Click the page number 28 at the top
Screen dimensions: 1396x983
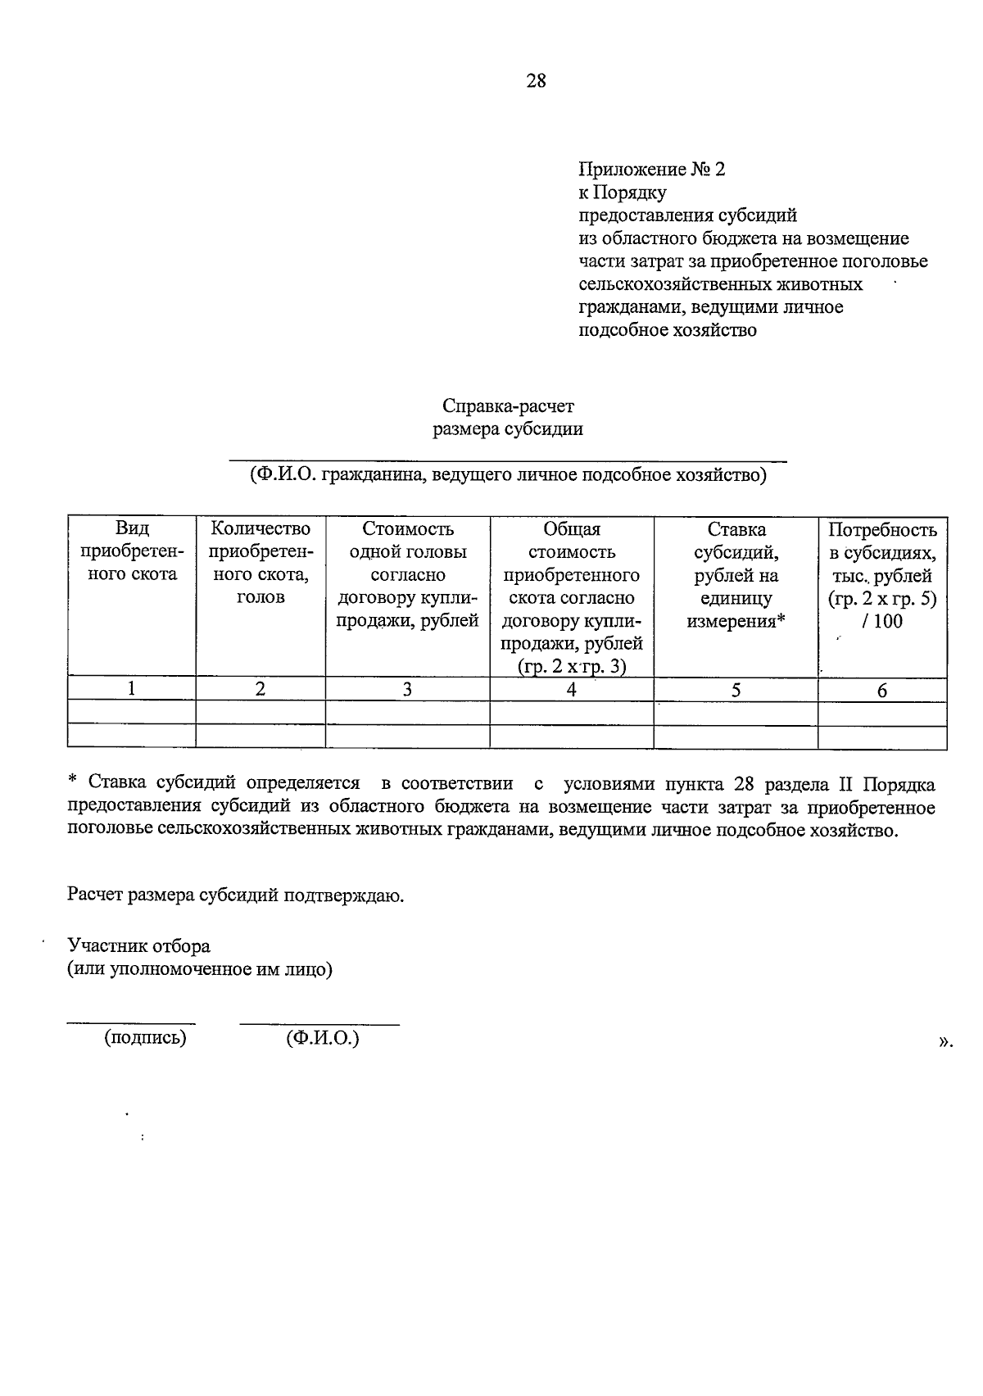point(536,80)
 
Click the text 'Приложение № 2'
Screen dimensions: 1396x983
point(652,170)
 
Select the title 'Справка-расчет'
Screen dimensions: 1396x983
point(508,406)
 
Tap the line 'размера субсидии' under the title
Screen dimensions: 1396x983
point(508,428)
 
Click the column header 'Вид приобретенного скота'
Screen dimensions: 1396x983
point(132,551)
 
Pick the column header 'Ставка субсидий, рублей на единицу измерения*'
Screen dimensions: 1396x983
point(736,575)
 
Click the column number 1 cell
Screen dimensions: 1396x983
point(132,690)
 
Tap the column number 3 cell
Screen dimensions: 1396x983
point(407,690)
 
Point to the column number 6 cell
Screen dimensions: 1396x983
point(882,691)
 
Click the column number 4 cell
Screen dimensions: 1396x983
point(571,690)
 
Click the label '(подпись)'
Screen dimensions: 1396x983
point(145,1038)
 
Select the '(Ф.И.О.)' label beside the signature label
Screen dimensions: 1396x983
point(323,1038)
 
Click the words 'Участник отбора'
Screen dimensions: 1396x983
point(139,946)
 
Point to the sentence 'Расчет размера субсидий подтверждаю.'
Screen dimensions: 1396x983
point(236,895)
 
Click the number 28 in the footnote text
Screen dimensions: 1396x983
point(743,784)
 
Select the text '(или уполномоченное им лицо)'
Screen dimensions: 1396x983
point(200,969)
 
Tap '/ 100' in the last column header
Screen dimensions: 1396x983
point(882,621)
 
